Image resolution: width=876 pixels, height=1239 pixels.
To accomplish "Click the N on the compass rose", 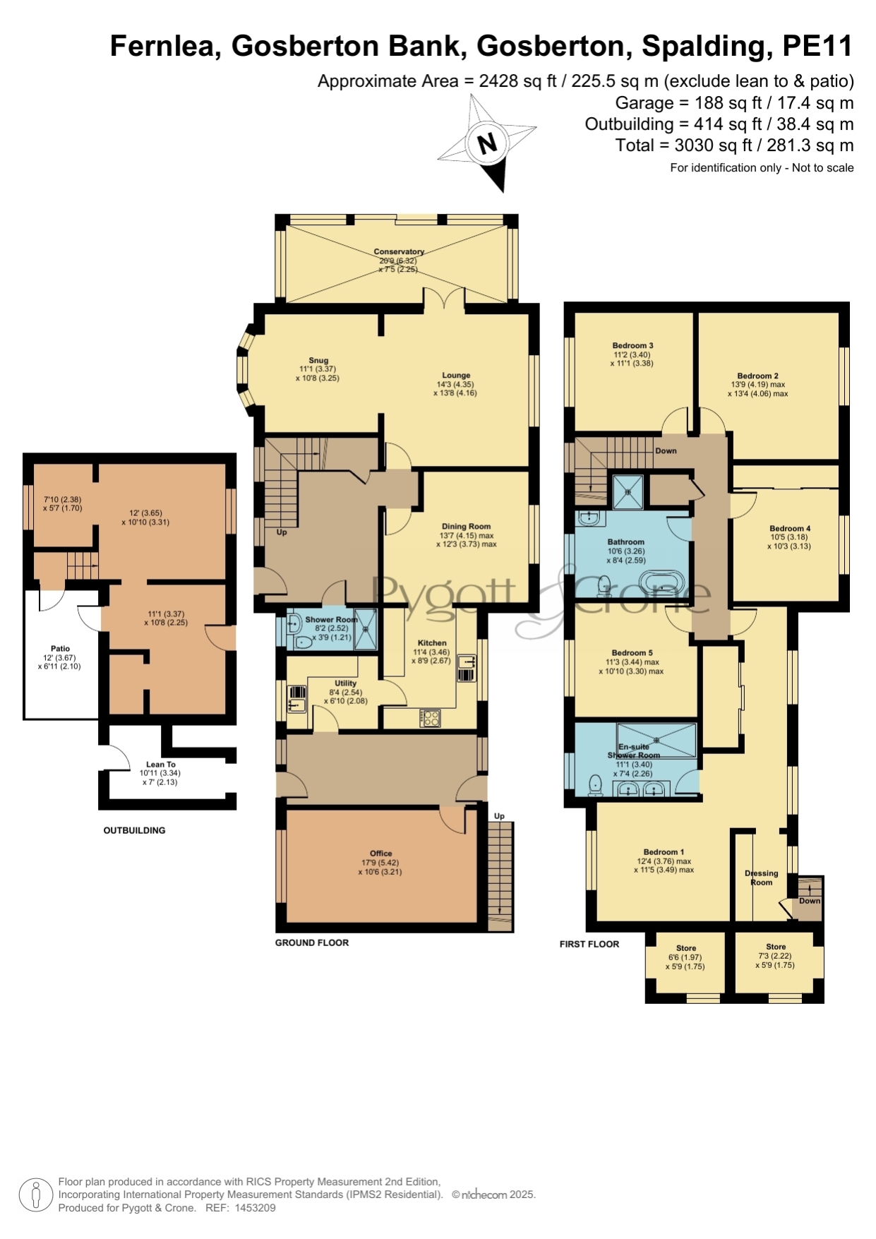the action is point(487,143).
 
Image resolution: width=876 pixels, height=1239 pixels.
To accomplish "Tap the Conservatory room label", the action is point(399,251).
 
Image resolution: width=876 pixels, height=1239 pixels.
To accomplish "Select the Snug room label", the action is point(318,360).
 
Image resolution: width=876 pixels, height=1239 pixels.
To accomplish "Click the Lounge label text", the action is point(456,376).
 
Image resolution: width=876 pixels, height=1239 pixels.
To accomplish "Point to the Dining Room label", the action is point(466,526).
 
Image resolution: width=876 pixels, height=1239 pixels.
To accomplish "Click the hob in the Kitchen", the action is point(431,718).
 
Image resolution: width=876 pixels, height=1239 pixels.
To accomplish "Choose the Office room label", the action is point(380,854).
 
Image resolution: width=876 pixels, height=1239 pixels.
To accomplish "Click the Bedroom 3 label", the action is point(632,346).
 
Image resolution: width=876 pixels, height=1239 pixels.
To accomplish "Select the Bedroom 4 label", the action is point(790,528).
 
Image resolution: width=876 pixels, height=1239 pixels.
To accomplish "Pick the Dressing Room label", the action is point(762,878).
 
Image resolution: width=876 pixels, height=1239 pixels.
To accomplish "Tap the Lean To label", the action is point(161,765).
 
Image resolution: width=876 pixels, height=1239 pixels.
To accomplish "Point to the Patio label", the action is point(61,648).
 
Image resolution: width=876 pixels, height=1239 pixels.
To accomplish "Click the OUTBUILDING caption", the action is point(134,830).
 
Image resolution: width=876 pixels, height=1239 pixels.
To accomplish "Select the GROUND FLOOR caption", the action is point(312,942).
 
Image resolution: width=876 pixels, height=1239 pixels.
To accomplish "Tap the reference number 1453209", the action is point(255,1208).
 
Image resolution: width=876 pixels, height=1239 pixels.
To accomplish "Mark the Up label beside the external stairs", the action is point(499,816).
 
